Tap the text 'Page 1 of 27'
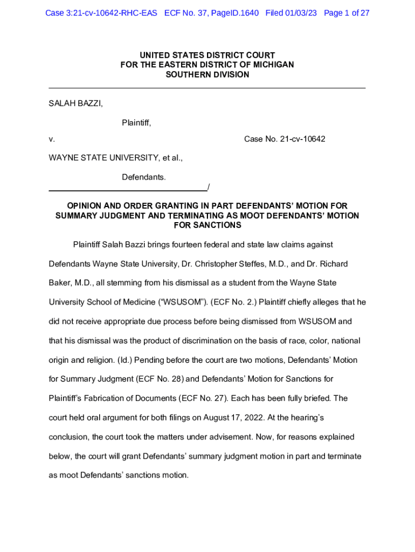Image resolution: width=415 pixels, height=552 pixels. pos(347,13)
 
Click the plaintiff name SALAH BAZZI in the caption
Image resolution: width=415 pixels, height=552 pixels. pos(75,103)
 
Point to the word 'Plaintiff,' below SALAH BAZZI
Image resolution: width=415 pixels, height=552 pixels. pos(136,123)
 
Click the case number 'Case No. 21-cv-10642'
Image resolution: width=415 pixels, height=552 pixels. pos(285,139)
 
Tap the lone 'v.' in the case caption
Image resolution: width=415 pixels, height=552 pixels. pos(52,139)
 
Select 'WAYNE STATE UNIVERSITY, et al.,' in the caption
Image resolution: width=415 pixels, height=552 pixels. pos(116,158)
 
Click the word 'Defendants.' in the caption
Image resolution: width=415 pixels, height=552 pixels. pos(144,177)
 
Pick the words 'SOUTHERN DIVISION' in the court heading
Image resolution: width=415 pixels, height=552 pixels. pos(207,75)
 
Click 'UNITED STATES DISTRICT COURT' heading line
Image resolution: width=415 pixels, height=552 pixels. pos(207,56)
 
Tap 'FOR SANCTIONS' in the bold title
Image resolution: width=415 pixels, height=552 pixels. pos(207,225)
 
